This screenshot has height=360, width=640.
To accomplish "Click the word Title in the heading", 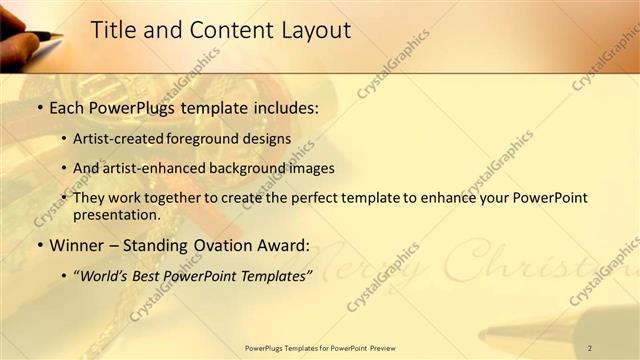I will click(115, 31).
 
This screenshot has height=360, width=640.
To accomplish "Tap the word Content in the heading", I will click(220, 31).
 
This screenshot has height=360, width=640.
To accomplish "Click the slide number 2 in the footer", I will click(590, 348).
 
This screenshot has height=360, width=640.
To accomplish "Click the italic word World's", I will click(107, 274).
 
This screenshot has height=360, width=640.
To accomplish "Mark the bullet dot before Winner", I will click(39, 245).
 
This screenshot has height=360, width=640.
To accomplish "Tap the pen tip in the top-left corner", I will click(55, 37).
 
